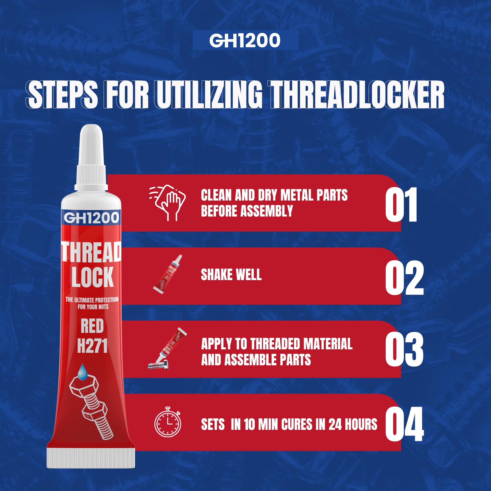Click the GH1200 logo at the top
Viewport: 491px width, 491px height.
[x=245, y=41]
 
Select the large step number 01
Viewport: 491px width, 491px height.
[x=401, y=205]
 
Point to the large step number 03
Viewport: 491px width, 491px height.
[x=404, y=349]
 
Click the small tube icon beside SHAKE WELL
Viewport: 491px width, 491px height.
[x=167, y=274]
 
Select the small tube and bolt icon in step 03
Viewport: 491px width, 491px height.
[x=167, y=349]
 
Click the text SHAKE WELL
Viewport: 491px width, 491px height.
[x=231, y=275]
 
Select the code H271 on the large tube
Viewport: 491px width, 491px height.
[x=92, y=346]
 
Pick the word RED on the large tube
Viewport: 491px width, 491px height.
[x=92, y=326]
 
